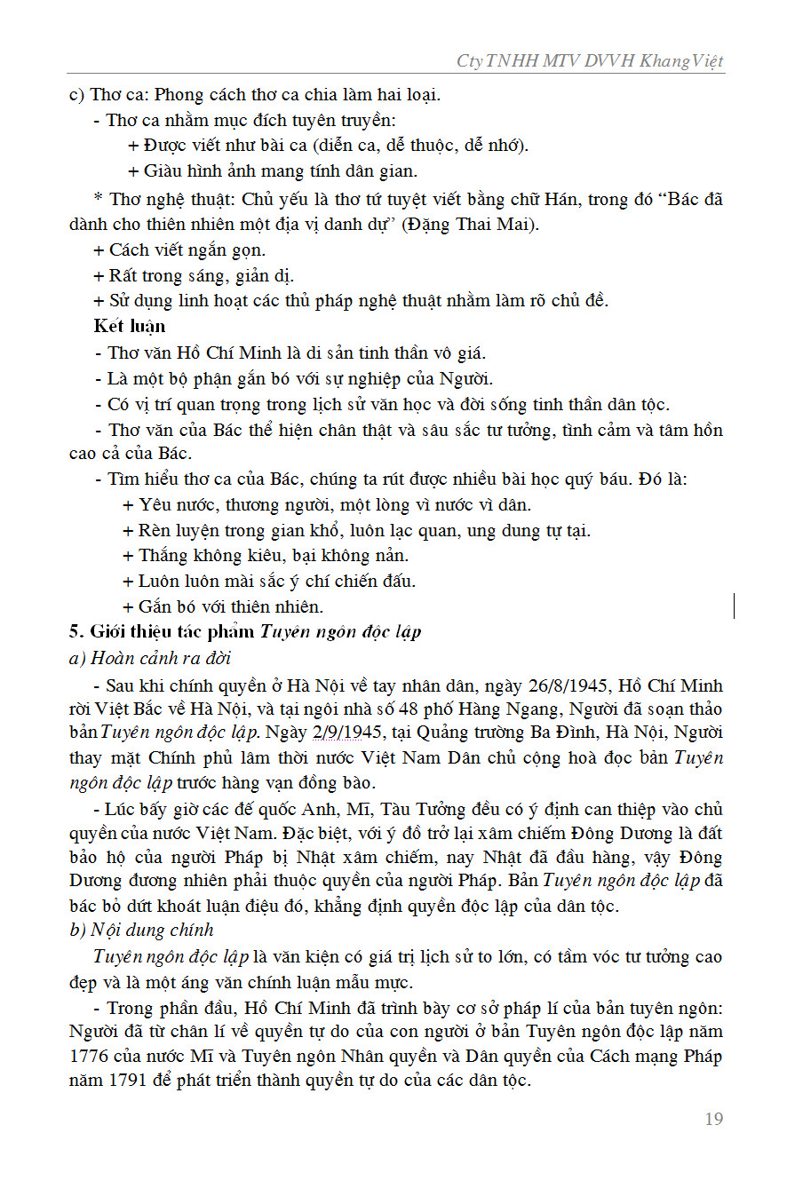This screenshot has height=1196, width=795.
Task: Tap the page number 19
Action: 713,1119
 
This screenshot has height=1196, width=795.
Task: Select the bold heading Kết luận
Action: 129,327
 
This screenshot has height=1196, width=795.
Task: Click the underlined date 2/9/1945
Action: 348,734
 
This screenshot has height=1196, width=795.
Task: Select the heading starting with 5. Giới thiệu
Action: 245,632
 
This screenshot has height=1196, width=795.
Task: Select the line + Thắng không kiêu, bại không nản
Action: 266,556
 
